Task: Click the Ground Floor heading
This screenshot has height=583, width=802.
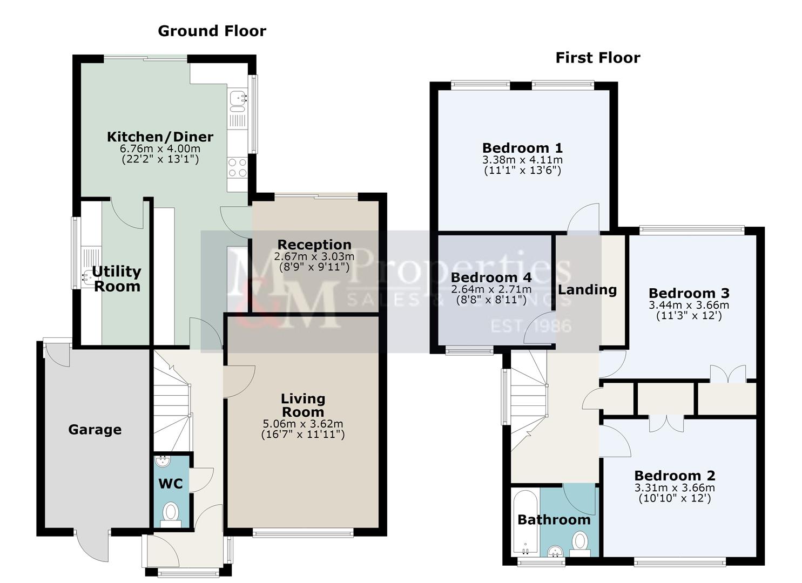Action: pyautogui.click(x=212, y=31)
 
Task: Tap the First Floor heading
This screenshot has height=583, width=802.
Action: pyautogui.click(x=597, y=58)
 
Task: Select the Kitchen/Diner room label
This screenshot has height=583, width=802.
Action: pyautogui.click(x=160, y=137)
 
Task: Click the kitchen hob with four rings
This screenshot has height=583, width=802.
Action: pyautogui.click(x=238, y=167)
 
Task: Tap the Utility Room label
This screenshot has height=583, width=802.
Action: pyautogui.click(x=117, y=279)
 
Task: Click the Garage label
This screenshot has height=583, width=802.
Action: pyautogui.click(x=95, y=430)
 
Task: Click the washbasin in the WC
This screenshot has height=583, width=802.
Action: pyautogui.click(x=163, y=461)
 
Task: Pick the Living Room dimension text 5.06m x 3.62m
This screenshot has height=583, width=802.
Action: pyautogui.click(x=303, y=424)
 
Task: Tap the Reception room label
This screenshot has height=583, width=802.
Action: pyautogui.click(x=314, y=245)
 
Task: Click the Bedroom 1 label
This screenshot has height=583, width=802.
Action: pyautogui.click(x=522, y=148)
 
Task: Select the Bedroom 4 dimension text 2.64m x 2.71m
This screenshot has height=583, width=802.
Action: pyautogui.click(x=491, y=289)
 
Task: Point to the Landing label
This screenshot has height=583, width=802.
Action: pyautogui.click(x=587, y=290)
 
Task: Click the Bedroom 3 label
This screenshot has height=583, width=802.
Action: pyautogui.click(x=689, y=294)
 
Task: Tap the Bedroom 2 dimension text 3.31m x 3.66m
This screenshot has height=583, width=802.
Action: pyautogui.click(x=675, y=488)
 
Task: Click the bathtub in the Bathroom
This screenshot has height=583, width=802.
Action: pyautogui.click(x=525, y=522)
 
